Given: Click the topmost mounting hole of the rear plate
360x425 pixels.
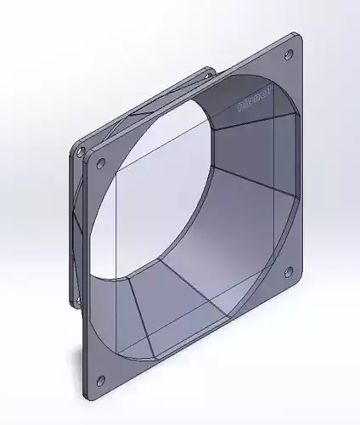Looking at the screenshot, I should point(206,75).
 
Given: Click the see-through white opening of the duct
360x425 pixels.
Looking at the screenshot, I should point(161,195).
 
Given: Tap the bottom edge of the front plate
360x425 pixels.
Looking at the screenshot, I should point(195,341).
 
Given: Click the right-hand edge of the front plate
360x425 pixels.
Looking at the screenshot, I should point(302,161).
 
